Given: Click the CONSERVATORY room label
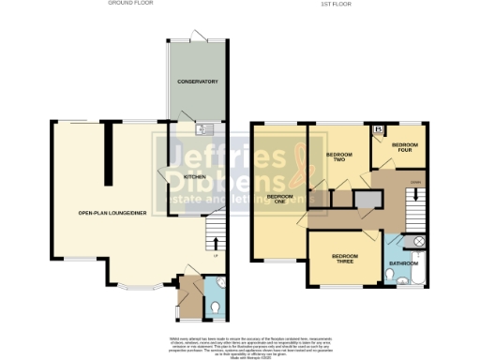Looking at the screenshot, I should tap(198, 82).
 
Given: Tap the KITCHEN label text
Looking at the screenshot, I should tap(194, 175).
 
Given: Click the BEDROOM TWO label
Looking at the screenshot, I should tap(337, 157).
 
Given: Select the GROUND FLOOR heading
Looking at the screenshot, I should tap(131, 4).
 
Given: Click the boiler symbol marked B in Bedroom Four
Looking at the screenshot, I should tap(378, 129).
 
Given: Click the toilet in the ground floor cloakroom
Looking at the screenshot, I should tap(217, 306).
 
